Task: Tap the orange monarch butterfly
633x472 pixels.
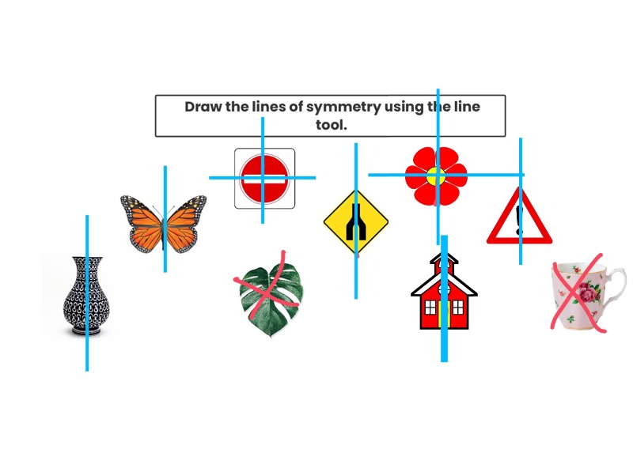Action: [x=164, y=223]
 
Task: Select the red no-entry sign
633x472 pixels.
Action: [x=264, y=178]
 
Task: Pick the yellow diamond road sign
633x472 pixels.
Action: [x=356, y=222]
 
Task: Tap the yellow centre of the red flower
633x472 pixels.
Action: [x=436, y=176]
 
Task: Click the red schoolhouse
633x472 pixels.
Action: [x=444, y=296]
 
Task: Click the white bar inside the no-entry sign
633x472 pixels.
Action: [x=264, y=178]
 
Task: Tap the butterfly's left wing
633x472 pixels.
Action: [x=143, y=221]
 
